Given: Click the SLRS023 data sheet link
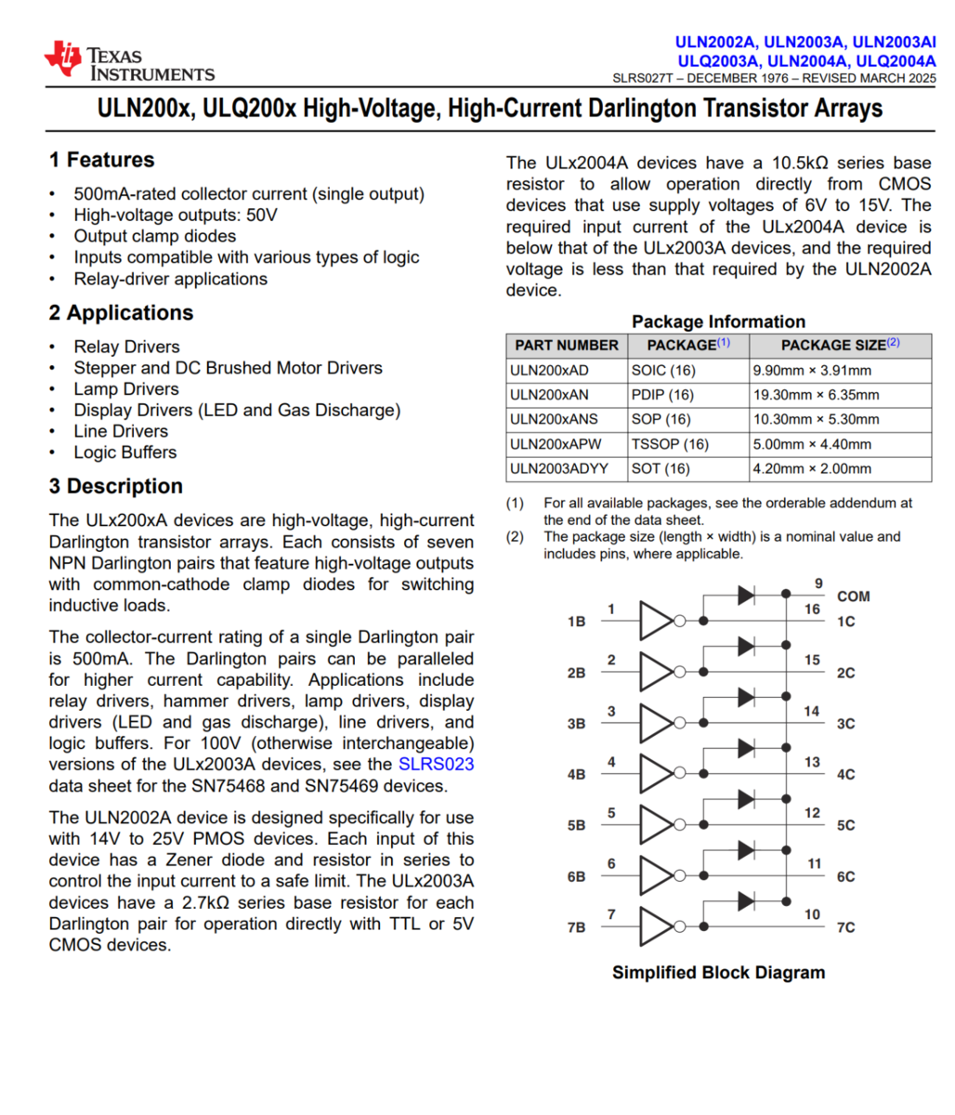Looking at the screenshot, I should tap(436, 765).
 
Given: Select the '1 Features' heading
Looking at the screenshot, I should tap(101, 160).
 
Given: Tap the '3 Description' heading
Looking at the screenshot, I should tap(115, 486).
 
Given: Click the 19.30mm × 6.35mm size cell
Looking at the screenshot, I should tap(816, 395).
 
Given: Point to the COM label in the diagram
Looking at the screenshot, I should tap(853, 597).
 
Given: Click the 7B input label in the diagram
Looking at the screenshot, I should tap(576, 927).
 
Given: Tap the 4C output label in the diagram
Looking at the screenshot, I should tap(844, 774).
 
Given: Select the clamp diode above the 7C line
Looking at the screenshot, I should tap(745, 900).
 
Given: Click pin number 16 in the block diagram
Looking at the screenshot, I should tap(812, 610).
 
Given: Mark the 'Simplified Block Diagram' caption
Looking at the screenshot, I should tap(718, 973).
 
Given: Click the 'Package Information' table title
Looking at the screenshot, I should tap(718, 321).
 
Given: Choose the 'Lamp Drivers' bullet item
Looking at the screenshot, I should tap(126, 389).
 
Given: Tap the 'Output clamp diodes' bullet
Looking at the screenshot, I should tap(155, 236).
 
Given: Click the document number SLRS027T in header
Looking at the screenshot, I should tap(643, 78).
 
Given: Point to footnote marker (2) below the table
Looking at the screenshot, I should tap(515, 536).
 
